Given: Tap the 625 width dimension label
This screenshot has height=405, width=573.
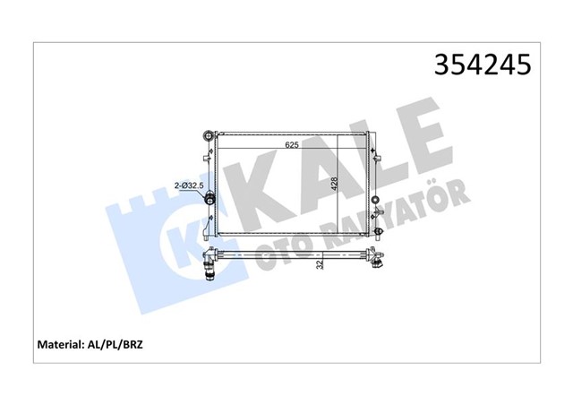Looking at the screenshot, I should click(293, 144).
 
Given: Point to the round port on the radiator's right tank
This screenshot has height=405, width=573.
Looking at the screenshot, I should click(374, 195).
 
